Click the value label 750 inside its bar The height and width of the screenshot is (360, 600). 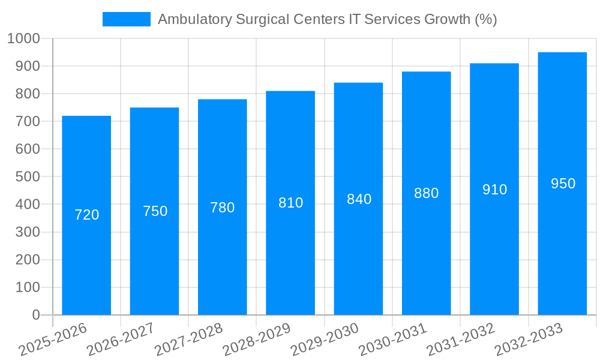(155, 211)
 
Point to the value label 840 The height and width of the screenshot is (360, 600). (359, 199)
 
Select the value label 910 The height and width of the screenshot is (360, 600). (494, 190)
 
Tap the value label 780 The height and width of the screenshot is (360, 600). (223, 208)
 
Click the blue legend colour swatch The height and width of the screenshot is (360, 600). (126, 19)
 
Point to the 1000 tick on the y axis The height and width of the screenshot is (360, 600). (23, 38)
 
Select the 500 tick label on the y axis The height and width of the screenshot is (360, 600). (27, 177)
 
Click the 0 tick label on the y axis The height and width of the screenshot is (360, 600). (35, 315)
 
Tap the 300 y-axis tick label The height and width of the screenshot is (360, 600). (27, 232)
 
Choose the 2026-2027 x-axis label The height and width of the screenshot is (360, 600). (121, 340)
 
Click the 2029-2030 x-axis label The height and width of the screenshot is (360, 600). (325, 340)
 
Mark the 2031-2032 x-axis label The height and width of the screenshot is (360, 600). (461, 340)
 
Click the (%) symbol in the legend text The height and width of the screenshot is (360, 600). (485, 19)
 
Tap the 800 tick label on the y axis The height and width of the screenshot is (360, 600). (27, 94)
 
